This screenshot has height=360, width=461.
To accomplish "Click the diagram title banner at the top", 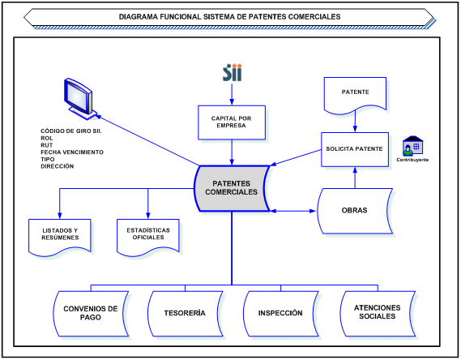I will (229, 16).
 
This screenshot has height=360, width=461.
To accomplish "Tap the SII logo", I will (232, 73).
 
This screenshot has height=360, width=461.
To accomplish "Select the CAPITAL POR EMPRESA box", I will (232, 122).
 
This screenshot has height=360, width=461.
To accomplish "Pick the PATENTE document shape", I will (356, 93).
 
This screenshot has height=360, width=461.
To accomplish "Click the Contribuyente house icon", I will (413, 145).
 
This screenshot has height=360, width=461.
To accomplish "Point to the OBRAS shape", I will (355, 210).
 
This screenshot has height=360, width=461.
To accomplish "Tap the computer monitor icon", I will (79, 97).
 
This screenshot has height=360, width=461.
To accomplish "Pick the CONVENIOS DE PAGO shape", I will (90, 313).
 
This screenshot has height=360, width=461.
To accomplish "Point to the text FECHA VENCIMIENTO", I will (73, 152).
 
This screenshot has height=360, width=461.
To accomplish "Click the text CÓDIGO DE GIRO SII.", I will (71, 131).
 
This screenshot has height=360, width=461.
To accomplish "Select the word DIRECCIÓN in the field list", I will (57, 166).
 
